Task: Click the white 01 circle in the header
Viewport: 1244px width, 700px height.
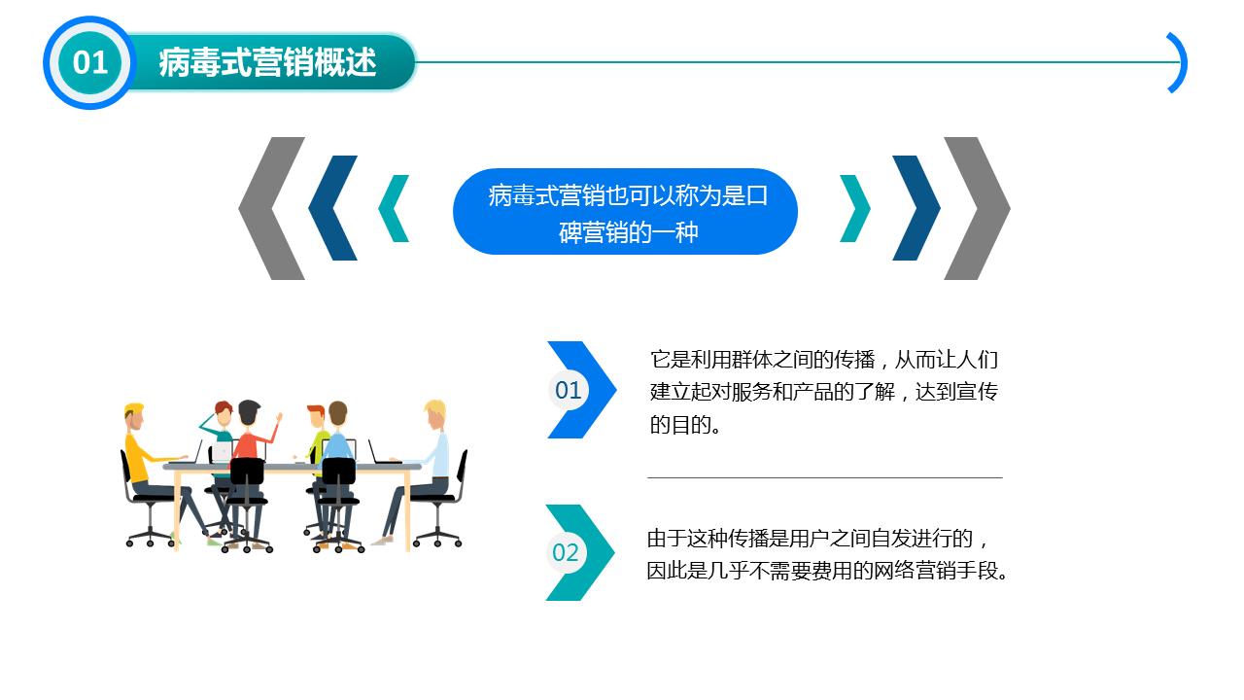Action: tap(89, 62)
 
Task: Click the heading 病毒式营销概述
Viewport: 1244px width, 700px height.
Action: tap(267, 62)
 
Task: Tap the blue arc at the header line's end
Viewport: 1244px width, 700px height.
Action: tap(1178, 62)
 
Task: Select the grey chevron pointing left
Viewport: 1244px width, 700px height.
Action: tap(267, 208)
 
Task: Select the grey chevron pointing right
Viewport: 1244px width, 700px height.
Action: tap(980, 208)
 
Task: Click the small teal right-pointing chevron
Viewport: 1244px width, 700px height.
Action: tap(854, 208)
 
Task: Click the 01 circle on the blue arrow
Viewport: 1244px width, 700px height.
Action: tap(569, 390)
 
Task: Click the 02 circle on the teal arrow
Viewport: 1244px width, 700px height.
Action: tap(566, 552)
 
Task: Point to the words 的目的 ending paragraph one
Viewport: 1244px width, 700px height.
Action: tap(679, 426)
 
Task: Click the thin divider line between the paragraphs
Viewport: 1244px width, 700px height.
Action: tap(824, 477)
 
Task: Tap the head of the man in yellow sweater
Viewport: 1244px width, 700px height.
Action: tap(134, 416)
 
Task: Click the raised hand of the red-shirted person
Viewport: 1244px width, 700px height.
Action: tap(279, 418)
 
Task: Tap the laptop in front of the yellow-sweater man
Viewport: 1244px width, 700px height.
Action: tap(195, 452)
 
